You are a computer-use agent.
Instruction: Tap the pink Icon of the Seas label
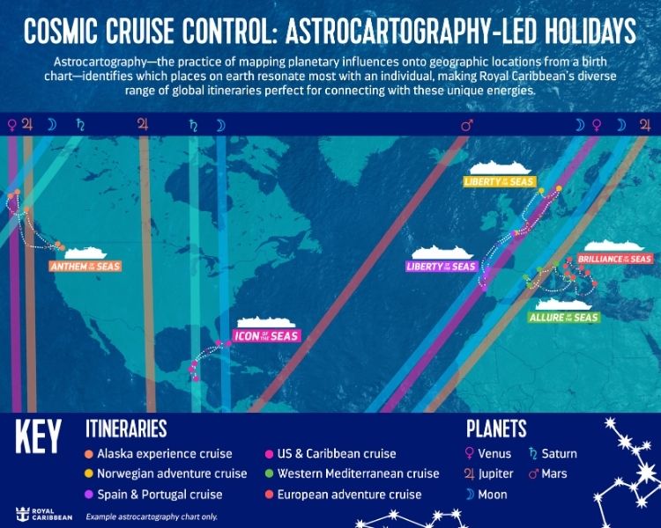(265, 335)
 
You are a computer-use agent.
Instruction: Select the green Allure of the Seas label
(564, 317)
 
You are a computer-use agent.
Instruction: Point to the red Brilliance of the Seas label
(614, 260)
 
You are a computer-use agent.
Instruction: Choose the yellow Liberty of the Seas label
(499, 182)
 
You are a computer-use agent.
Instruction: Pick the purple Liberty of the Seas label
(441, 267)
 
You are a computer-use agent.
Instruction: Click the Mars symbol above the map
(466, 125)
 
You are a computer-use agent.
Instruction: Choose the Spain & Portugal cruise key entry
(159, 495)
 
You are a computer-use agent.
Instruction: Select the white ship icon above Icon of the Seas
(266, 320)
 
